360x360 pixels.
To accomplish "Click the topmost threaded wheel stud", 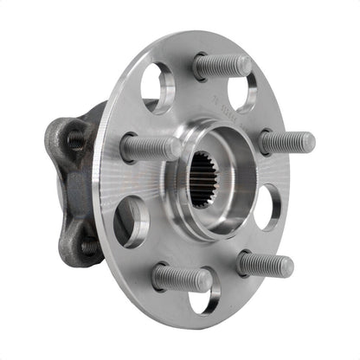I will pos(223,66).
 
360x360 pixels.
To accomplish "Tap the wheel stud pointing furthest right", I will pos(286,141).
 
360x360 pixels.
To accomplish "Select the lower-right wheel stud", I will pos(266,263).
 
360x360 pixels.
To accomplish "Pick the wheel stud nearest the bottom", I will pos(182,277).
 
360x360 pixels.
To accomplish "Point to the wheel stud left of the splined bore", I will pos(150,147).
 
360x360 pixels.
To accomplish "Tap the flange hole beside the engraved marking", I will pos(242,90).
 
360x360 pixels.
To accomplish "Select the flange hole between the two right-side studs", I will pos(267,206).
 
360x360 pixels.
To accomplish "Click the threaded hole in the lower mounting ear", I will pos(89,246).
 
